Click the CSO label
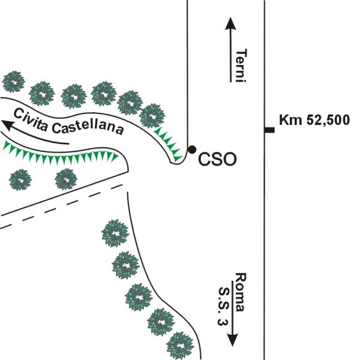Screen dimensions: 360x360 (x=217, y=160)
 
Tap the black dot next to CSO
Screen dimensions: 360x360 (x=192, y=149)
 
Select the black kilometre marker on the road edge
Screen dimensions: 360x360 (x=270, y=130)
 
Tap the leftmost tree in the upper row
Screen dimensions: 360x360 (x=13, y=82)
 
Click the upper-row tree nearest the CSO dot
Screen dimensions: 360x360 (x=152, y=114)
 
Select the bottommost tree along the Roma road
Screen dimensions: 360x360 (x=181, y=346)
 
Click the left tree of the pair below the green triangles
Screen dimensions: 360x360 (x=21, y=179)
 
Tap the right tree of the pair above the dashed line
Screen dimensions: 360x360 (x=65, y=179)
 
